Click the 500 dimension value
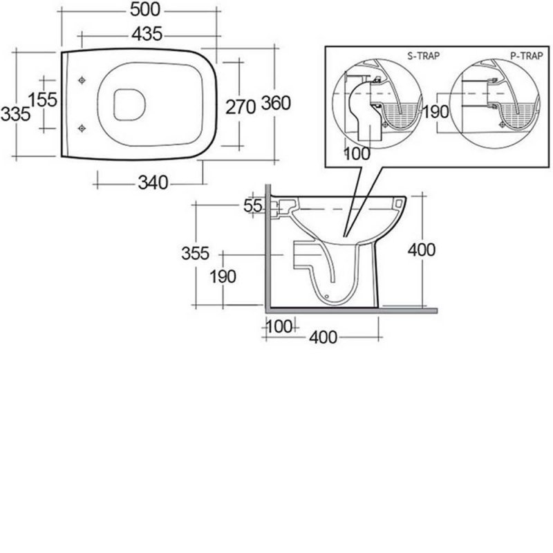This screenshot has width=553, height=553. point(145,10)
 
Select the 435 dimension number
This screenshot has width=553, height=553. point(147,34)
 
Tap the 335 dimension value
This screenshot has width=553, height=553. point(15,114)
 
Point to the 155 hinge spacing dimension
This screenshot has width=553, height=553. point(43,100)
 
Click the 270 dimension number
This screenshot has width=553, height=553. point(241,107)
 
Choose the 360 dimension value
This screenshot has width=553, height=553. point(276,103)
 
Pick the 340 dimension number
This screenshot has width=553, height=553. point(153,182)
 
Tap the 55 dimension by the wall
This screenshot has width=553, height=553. point(253,206)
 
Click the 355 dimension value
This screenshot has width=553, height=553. point(196,253)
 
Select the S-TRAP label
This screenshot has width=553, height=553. point(424,56)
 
